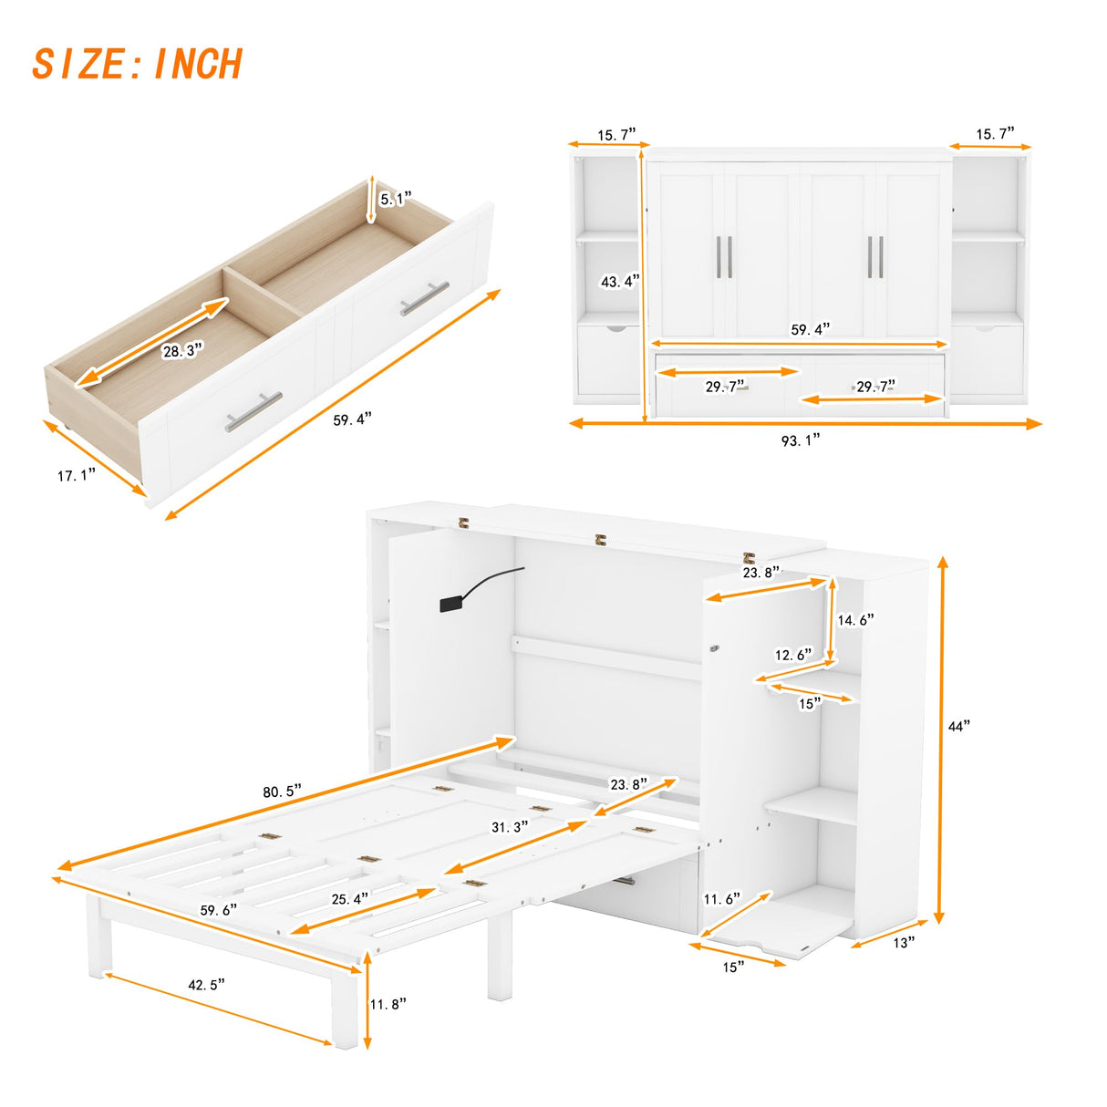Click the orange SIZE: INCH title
[x=138, y=65]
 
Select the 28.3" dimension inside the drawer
[x=182, y=350]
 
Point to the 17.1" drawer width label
[x=77, y=475]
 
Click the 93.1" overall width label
[x=801, y=440]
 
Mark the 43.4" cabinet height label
[x=620, y=282]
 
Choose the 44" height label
[x=959, y=726]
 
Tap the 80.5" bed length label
[x=283, y=791]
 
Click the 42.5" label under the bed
[x=206, y=984]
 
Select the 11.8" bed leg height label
[x=388, y=1004]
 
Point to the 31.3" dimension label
[x=511, y=827]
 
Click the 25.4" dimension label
[x=350, y=898]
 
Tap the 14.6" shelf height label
[x=855, y=620]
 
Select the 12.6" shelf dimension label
[x=793, y=655]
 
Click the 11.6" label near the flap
[x=722, y=899]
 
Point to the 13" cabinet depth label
[x=904, y=943]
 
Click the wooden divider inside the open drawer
[x=264, y=292]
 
